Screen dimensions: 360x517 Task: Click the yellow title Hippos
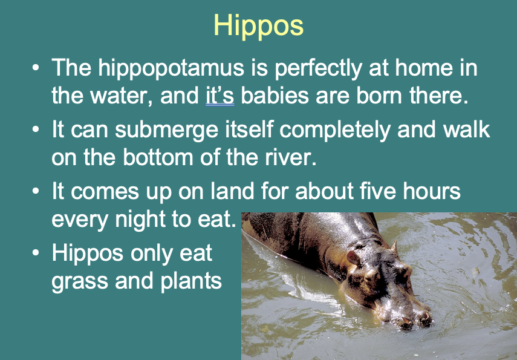click(258, 26)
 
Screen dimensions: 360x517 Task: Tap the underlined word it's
click(219, 97)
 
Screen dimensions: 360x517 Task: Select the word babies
click(278, 97)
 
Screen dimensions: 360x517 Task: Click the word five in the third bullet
click(379, 192)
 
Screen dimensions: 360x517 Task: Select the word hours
click(434, 192)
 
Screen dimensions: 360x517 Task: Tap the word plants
click(193, 281)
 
